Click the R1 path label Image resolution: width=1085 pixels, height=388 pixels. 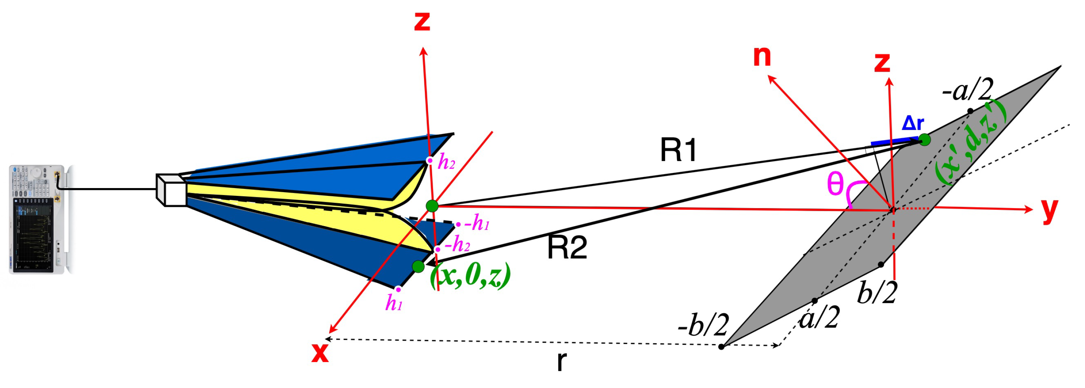[x=678, y=150]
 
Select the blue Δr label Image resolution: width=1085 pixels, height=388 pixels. [x=913, y=123]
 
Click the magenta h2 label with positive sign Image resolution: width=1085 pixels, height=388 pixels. [x=447, y=162]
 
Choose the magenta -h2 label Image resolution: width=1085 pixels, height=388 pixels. [x=457, y=245]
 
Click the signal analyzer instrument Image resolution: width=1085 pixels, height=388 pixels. [x=38, y=219]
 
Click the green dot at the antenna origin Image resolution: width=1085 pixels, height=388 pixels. [x=432, y=206]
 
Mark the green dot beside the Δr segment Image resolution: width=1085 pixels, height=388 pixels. [x=925, y=140]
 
